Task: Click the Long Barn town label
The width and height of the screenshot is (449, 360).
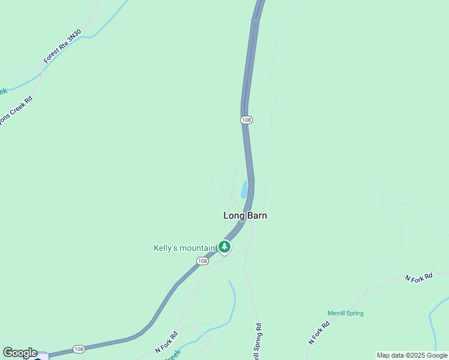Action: point(245,215)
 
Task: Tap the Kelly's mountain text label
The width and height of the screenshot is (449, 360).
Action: point(184,248)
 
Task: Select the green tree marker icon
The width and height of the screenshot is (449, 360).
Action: point(224,247)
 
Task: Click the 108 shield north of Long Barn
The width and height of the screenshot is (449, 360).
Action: point(246,120)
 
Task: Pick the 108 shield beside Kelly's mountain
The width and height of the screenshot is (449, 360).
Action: point(202,260)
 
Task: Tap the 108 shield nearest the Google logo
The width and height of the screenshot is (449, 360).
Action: point(79,349)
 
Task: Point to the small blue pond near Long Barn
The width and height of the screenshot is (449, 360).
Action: point(244,190)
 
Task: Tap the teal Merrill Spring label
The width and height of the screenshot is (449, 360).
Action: point(345,313)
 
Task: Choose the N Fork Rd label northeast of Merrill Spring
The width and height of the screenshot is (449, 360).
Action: point(418,277)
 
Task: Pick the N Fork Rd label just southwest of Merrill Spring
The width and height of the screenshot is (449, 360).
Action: point(319,333)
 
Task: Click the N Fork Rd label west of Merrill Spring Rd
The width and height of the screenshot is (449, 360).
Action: point(166,341)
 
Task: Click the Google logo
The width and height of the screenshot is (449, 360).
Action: point(20,353)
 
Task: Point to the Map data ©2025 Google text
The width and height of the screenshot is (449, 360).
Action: point(412,355)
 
